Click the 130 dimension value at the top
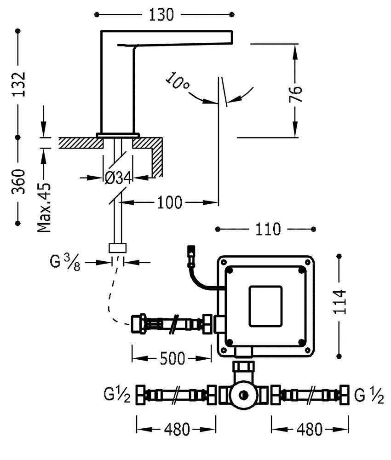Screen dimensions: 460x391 (x=161, y=15)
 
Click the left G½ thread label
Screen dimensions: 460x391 (x=118, y=394)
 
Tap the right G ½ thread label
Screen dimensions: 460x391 (x=369, y=394)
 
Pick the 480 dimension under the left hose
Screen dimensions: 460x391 (x=176, y=430)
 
